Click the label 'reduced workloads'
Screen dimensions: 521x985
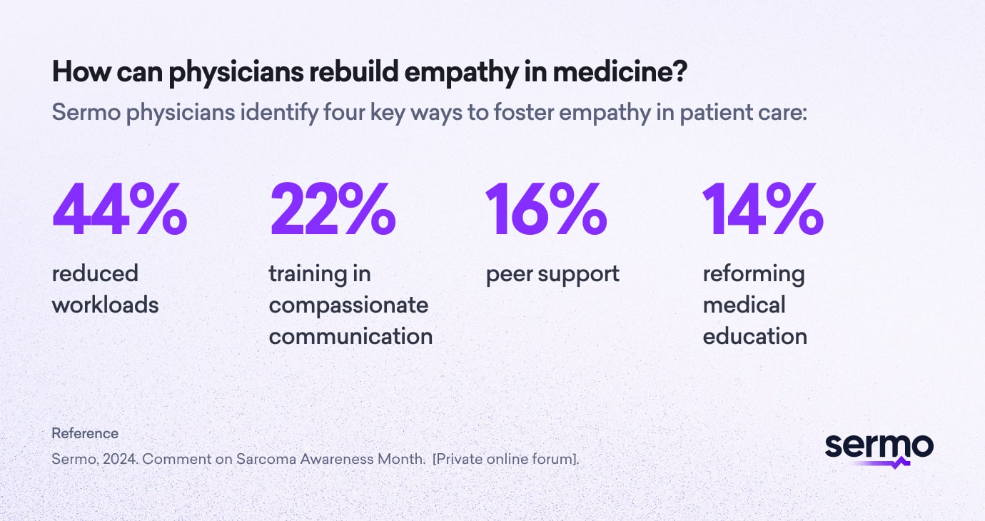click(105, 289)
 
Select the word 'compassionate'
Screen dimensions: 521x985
click(348, 305)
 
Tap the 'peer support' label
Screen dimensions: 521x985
click(552, 273)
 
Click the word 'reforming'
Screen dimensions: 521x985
click(753, 273)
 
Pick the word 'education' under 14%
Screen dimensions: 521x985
click(754, 336)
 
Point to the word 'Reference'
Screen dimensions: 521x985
click(85, 433)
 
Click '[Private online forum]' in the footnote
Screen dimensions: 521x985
click(505, 459)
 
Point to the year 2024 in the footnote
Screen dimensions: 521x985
click(116, 459)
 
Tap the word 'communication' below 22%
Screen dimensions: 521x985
click(350, 336)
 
